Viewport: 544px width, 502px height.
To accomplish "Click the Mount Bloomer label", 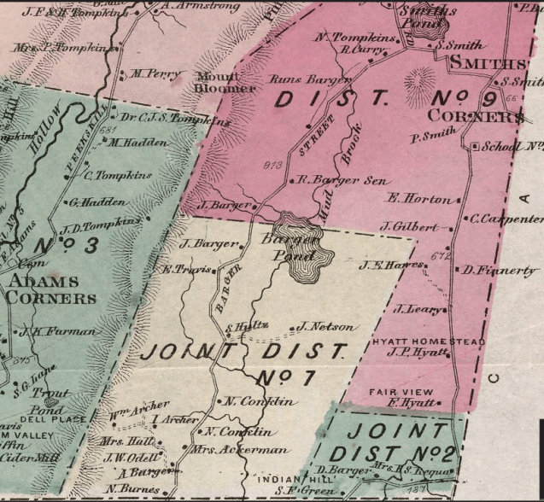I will click(226, 81).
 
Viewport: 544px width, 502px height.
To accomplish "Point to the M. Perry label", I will click(154, 74).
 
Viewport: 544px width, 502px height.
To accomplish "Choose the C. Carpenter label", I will click(506, 218).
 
